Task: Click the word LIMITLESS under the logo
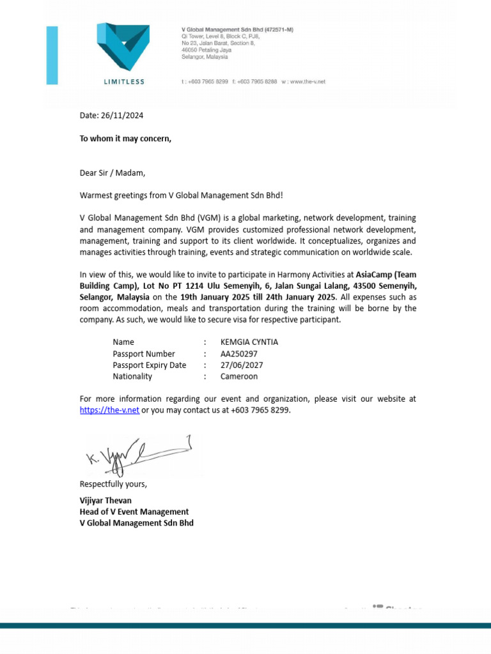point(124,82)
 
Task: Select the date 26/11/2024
point(122,116)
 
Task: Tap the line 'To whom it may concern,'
point(125,139)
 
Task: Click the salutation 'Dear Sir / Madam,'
point(113,172)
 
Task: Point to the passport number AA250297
point(240,353)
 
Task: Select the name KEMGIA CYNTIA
point(249,342)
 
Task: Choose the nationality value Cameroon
point(238,376)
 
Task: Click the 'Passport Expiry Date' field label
point(149,365)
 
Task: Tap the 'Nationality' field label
point(132,376)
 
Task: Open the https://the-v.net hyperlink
point(109,410)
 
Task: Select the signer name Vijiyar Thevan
point(105,500)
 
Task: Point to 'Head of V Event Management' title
point(134,512)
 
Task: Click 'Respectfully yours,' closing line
point(113,483)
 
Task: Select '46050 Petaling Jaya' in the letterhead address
point(206,49)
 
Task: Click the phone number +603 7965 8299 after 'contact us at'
point(261,410)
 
